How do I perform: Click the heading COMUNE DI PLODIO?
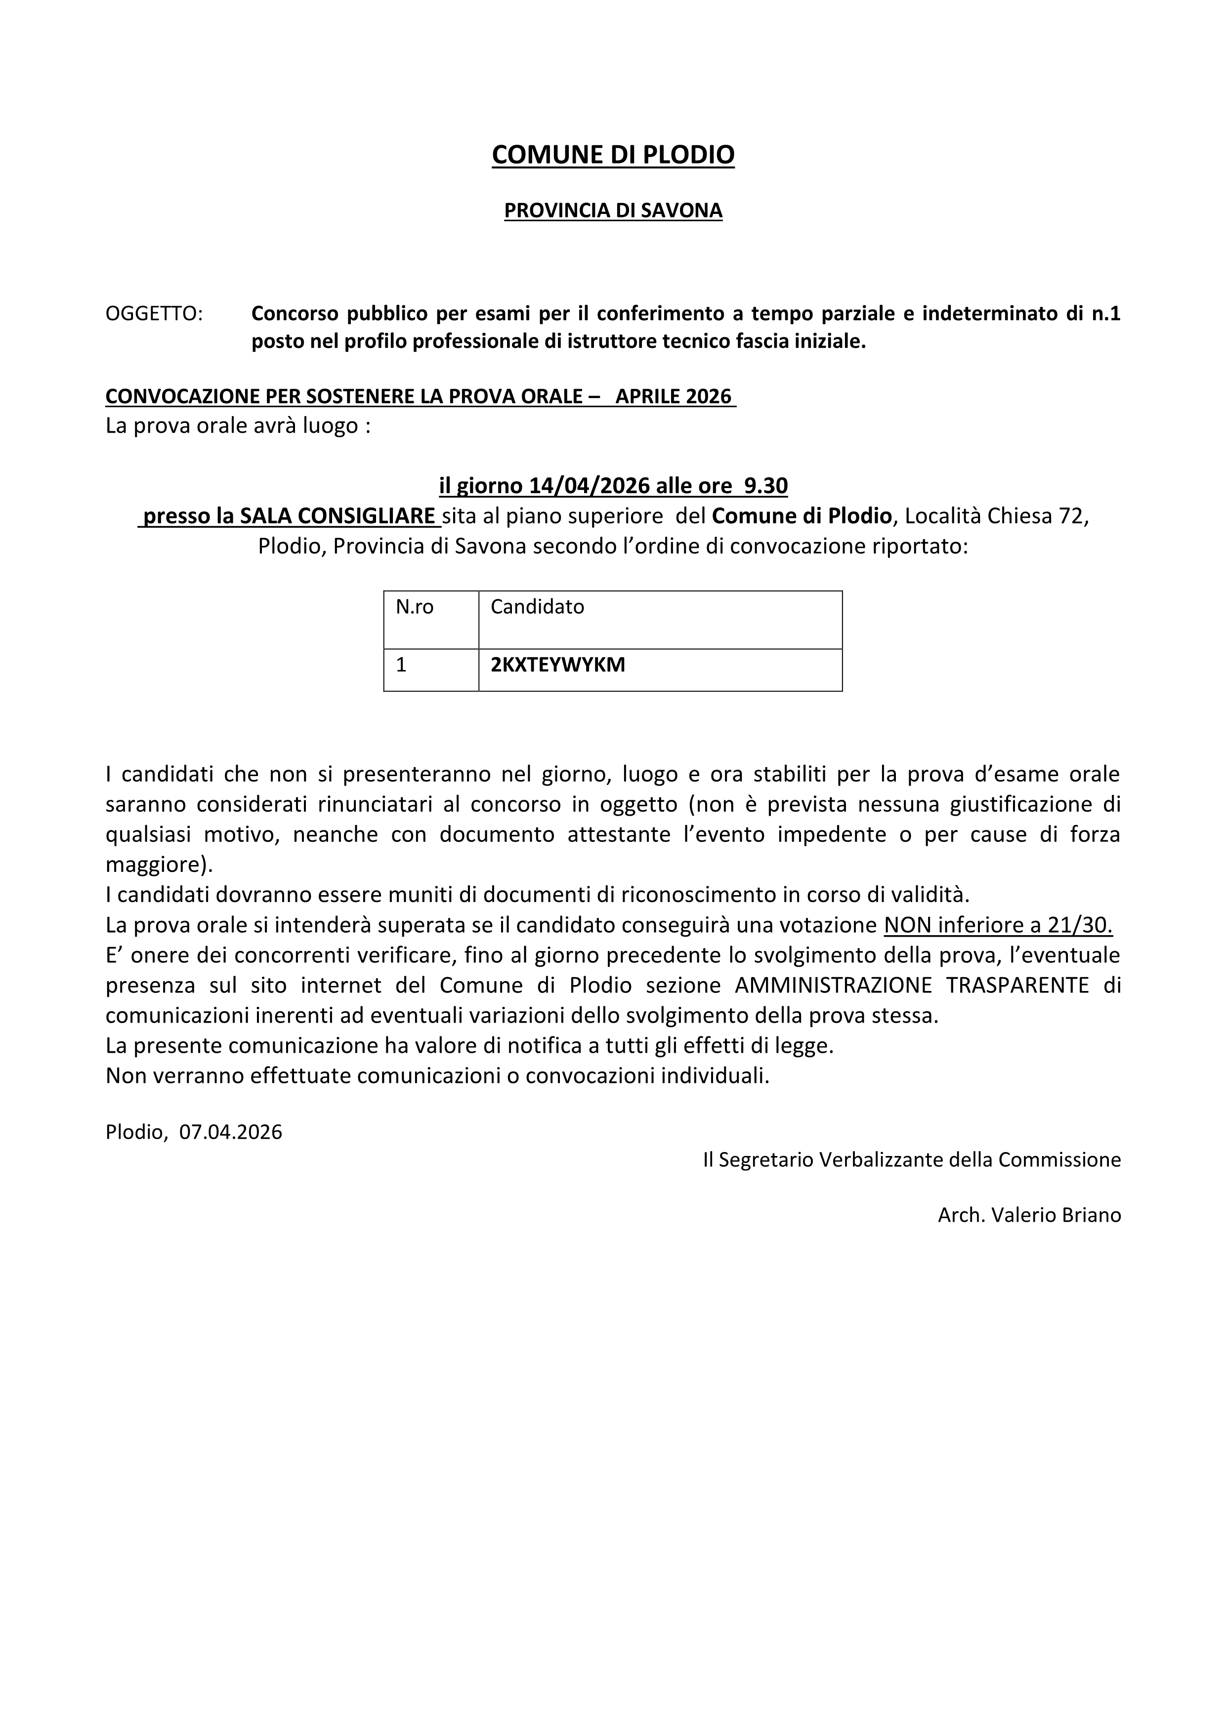(x=612, y=155)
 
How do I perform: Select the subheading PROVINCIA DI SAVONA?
(x=612, y=210)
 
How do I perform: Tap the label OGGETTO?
(x=154, y=313)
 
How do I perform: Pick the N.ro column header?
(x=415, y=607)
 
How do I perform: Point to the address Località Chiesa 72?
(x=996, y=516)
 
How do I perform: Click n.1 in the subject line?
(x=1107, y=313)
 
